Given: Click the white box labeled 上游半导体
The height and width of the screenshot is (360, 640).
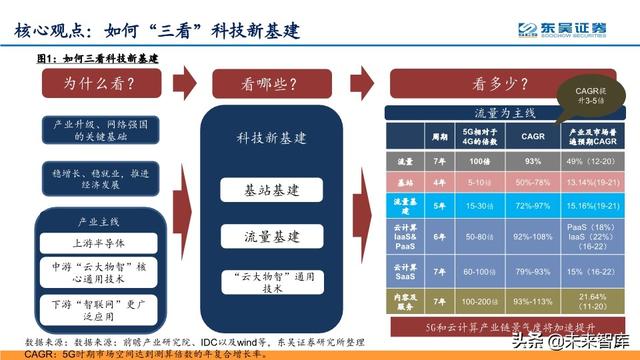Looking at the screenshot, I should click(x=97, y=242).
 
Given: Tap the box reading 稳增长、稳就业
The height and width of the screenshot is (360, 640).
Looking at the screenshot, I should click(x=97, y=178).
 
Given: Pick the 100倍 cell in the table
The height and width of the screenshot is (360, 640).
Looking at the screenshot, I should click(x=478, y=161).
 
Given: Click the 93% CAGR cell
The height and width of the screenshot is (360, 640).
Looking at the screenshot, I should click(x=533, y=161).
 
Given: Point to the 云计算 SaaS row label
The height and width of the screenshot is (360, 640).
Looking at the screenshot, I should click(x=405, y=270).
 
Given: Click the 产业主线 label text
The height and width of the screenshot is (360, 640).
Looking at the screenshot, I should click(x=97, y=219).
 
